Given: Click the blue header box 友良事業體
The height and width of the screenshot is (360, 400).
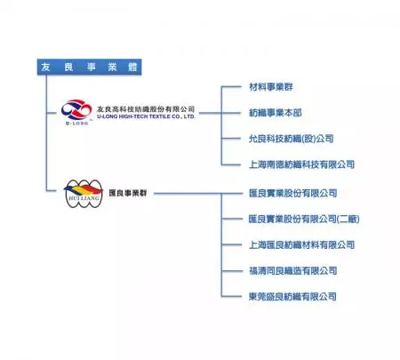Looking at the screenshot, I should point(89,68).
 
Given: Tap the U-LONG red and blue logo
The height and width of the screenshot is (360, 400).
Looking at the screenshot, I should point(76,111).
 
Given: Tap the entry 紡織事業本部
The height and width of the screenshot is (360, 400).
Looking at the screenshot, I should point(278,113).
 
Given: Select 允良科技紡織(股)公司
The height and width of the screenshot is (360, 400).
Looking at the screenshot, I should point(292,139).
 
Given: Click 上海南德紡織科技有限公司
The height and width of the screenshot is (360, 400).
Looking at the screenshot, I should point(301,164).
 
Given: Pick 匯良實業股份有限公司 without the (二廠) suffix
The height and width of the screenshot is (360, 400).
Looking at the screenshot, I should point(293,192).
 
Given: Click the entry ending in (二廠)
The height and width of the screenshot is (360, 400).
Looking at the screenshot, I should point(304,218).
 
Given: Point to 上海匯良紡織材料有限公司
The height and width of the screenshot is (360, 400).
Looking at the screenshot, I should point(301,244).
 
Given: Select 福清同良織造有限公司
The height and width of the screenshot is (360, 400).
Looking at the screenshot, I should point(293,270).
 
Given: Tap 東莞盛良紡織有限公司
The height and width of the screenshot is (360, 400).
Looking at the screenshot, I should point(293,296).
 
